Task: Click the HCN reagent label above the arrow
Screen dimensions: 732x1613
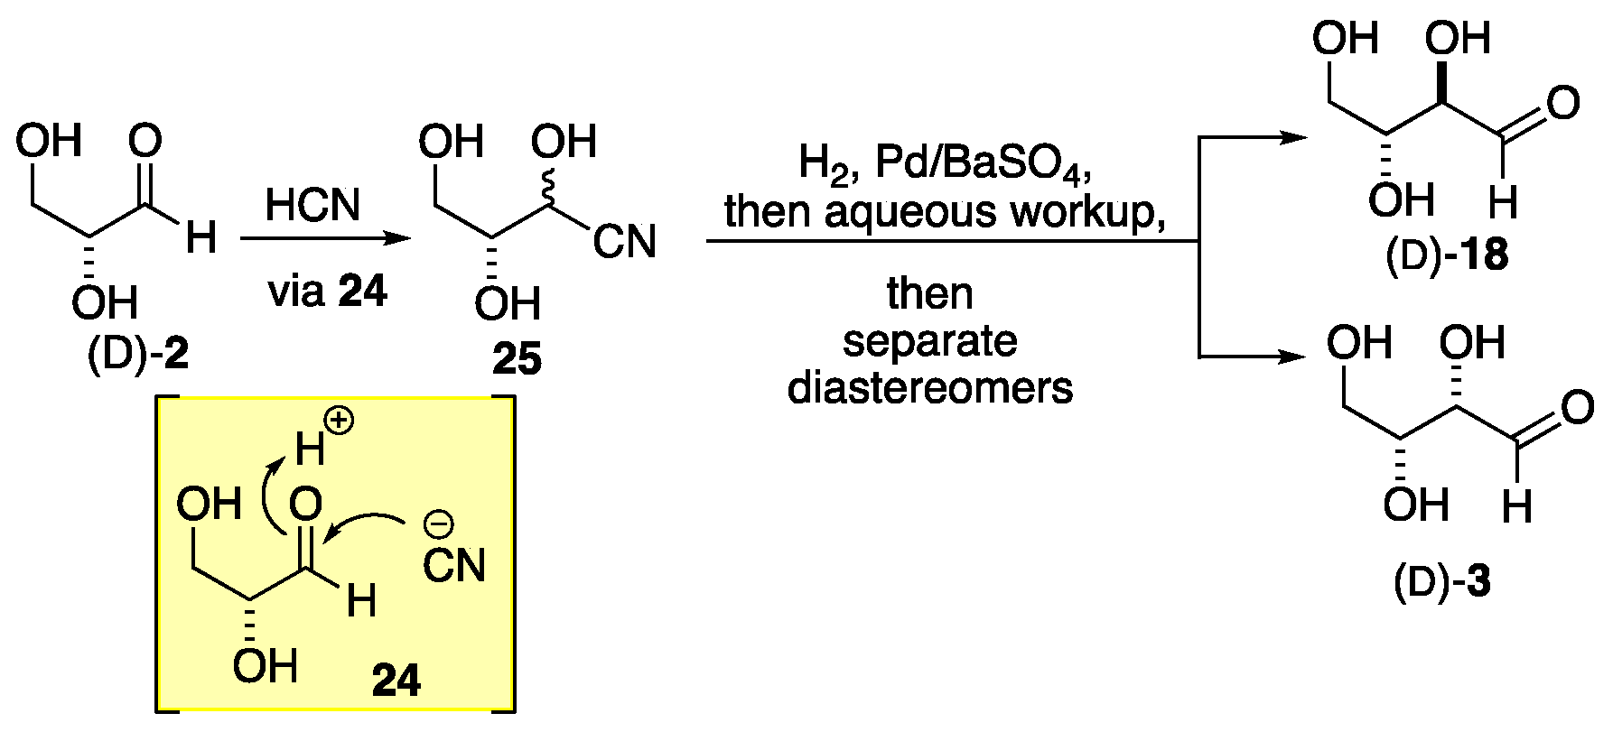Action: pyautogui.click(x=312, y=205)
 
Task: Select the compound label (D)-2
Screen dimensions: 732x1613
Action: pyautogui.click(x=138, y=355)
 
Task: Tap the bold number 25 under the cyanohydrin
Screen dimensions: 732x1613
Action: pyautogui.click(x=517, y=359)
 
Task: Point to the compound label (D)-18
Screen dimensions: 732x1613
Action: pyautogui.click(x=1446, y=256)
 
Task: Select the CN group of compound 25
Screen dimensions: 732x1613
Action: pyautogui.click(x=624, y=242)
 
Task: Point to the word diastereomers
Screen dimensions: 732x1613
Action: pyautogui.click(x=930, y=388)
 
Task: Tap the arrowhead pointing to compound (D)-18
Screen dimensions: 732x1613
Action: pyautogui.click(x=1293, y=138)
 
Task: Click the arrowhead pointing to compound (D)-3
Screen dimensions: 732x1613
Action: pyautogui.click(x=1293, y=356)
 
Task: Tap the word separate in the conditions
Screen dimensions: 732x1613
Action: pyautogui.click(x=930, y=341)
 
